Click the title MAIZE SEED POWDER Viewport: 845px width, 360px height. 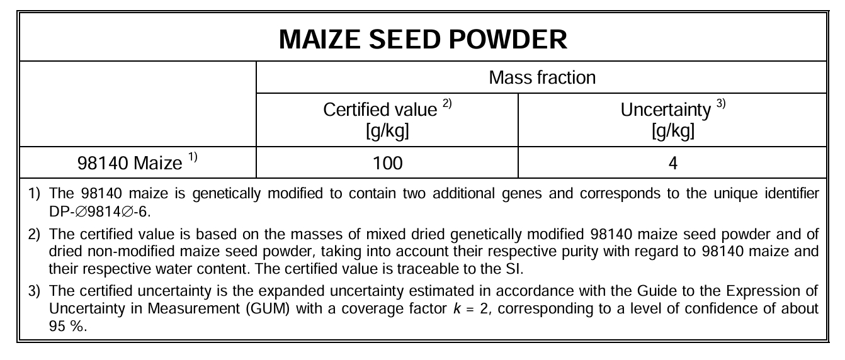pyautogui.click(x=423, y=39)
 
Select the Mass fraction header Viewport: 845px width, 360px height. pyautogui.click(x=542, y=77)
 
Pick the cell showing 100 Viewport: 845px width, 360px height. pyautogui.click(x=387, y=163)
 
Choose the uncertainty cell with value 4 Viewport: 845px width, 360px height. pyautogui.click(x=672, y=163)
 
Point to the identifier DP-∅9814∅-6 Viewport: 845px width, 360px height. pyautogui.click(x=99, y=212)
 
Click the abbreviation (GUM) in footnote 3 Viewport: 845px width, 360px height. pyautogui.click(x=268, y=308)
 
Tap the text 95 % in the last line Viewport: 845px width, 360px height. pyautogui.click(x=68, y=326)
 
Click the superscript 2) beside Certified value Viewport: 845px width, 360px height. pyautogui.click(x=447, y=103)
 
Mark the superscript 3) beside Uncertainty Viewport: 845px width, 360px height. pyautogui.click(x=721, y=103)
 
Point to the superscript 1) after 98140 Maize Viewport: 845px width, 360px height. pyautogui.click(x=193, y=157)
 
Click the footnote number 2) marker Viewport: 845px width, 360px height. pyautogui.click(x=34, y=235)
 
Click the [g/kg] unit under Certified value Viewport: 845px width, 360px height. pyautogui.click(x=387, y=131)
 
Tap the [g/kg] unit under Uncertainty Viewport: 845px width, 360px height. pyautogui.click(x=673, y=131)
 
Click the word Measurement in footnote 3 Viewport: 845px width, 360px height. pyautogui.click(x=193, y=308)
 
